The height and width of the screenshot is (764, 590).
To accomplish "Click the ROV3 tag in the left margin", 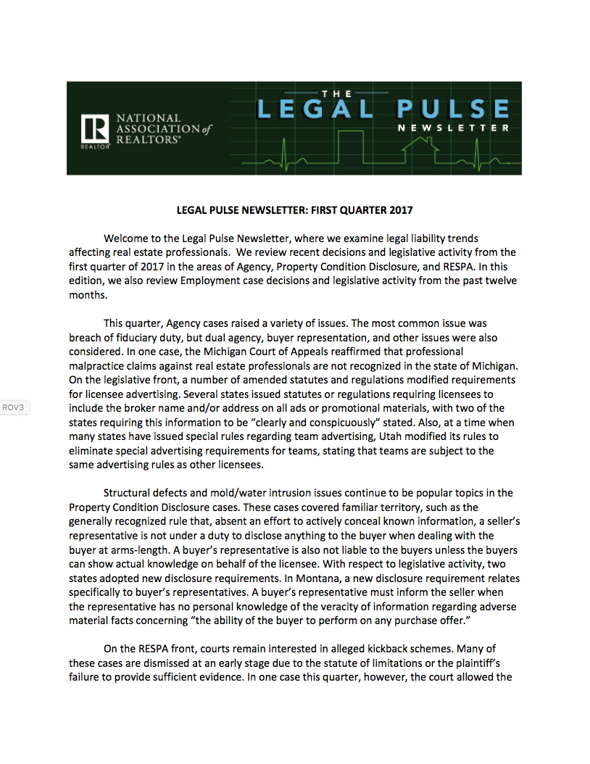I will (14, 407).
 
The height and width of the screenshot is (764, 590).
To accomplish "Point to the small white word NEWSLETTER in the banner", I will (453, 128).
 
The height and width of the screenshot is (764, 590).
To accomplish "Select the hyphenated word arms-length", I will (125, 550).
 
